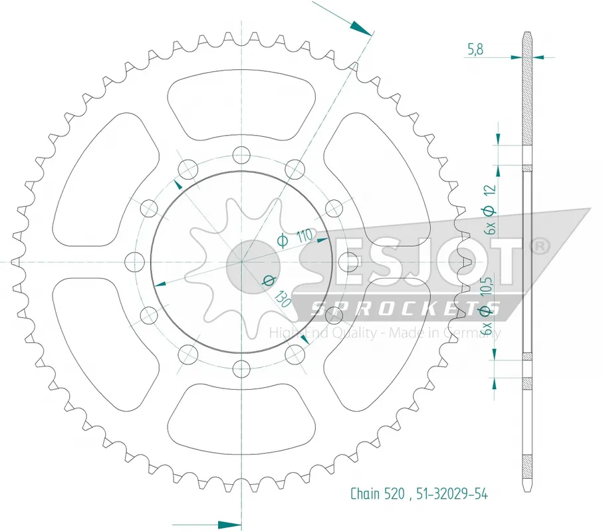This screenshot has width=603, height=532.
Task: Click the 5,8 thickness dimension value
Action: pos(475,49)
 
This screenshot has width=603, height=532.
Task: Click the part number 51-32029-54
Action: pos(451,493)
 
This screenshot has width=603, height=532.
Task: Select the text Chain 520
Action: pos(377,493)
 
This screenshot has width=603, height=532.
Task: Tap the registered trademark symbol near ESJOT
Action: pos(540,245)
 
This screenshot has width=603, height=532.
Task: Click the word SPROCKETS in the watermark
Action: pos(405,309)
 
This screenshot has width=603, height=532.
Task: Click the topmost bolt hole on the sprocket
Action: pos(241,156)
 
